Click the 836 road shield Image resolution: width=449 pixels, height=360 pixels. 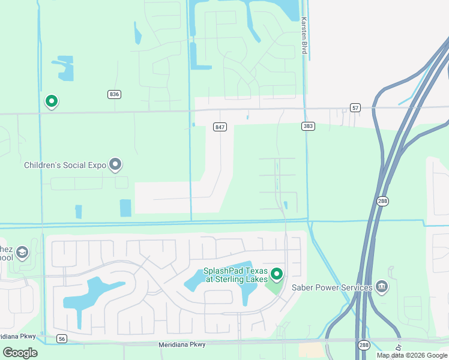pyautogui.click(x=115, y=94)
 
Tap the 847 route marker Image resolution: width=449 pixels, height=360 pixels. pyautogui.click(x=220, y=127)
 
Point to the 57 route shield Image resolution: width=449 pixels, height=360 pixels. pyautogui.click(x=356, y=108)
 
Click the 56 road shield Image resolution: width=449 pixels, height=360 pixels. pyautogui.click(x=62, y=339)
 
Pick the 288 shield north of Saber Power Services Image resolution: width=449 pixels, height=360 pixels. pyautogui.click(x=382, y=201)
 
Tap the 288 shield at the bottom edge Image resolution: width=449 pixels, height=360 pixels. pyautogui.click(x=364, y=345)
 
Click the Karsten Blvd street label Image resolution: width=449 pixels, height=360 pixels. pyautogui.click(x=304, y=36)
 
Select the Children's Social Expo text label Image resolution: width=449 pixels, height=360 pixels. pyautogui.click(x=65, y=165)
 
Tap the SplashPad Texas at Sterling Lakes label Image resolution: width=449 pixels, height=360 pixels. pyautogui.click(x=235, y=275)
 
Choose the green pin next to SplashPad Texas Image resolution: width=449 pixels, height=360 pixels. pyautogui.click(x=277, y=274)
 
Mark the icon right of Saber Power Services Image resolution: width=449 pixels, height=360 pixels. pyautogui.click(x=382, y=287)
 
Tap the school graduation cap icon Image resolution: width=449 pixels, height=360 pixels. pyautogui.click(x=22, y=253)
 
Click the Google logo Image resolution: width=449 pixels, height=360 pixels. pyautogui.click(x=20, y=352)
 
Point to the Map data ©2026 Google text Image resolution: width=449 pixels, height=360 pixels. pyautogui.click(x=412, y=355)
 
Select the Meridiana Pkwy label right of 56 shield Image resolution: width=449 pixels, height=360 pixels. pyautogui.click(x=182, y=344)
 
